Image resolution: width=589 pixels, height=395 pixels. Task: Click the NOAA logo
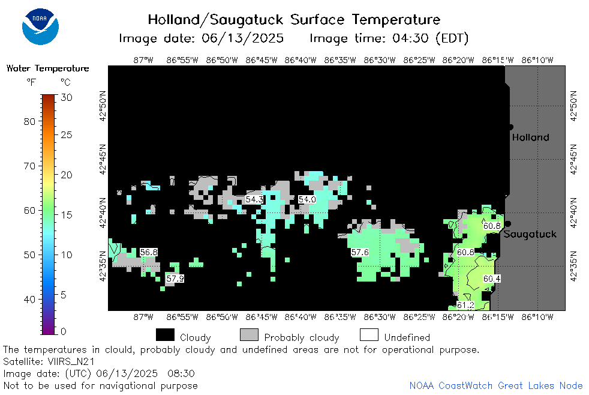click(x=40, y=26)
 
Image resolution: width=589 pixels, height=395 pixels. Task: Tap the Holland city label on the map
click(x=530, y=137)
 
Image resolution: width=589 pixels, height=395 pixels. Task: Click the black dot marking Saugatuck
click(x=508, y=224)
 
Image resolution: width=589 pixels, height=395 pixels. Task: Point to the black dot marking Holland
click(x=510, y=127)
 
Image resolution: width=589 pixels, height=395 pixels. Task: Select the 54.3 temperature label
click(x=254, y=199)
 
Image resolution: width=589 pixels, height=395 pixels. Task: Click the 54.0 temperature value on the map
click(x=307, y=199)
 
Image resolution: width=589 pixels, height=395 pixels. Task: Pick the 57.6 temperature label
click(x=359, y=252)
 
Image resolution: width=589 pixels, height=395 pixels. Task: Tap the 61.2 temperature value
click(x=465, y=305)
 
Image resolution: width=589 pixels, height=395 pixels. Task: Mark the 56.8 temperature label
click(x=149, y=252)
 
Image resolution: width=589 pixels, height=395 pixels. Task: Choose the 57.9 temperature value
click(x=175, y=279)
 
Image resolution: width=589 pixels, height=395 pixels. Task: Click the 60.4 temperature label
click(x=492, y=279)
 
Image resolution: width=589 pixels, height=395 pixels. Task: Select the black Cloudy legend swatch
click(x=166, y=335)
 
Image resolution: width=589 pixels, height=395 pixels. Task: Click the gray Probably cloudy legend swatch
click(x=249, y=335)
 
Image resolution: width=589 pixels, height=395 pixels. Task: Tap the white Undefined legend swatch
click(x=369, y=335)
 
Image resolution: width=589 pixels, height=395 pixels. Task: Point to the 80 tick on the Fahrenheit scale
click(x=29, y=122)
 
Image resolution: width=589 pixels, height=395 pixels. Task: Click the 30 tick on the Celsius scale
click(x=67, y=98)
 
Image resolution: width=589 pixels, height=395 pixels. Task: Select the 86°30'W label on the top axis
click(x=380, y=60)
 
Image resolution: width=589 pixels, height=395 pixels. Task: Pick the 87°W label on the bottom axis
click(x=143, y=317)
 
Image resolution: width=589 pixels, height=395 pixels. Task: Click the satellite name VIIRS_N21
click(x=71, y=361)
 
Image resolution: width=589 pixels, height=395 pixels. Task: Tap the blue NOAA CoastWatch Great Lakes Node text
click(x=496, y=385)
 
